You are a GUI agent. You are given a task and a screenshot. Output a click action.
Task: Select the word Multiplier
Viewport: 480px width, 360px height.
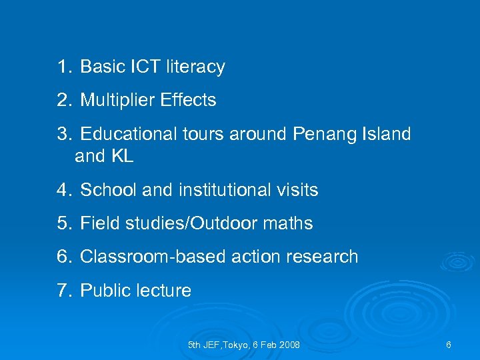tap(117, 101)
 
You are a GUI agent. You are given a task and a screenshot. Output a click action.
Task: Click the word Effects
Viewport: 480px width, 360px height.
tap(188, 101)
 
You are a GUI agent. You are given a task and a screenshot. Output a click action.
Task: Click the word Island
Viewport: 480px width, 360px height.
tap(387, 134)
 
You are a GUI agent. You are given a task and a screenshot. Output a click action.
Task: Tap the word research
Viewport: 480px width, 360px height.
tap(324, 257)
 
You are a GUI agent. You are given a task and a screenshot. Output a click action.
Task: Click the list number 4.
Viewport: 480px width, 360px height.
tap(63, 190)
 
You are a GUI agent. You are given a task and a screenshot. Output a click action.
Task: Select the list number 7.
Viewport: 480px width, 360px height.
tap(63, 291)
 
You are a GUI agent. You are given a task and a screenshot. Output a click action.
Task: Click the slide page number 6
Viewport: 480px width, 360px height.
tap(449, 345)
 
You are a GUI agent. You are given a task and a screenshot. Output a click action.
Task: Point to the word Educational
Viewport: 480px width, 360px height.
tap(128, 134)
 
